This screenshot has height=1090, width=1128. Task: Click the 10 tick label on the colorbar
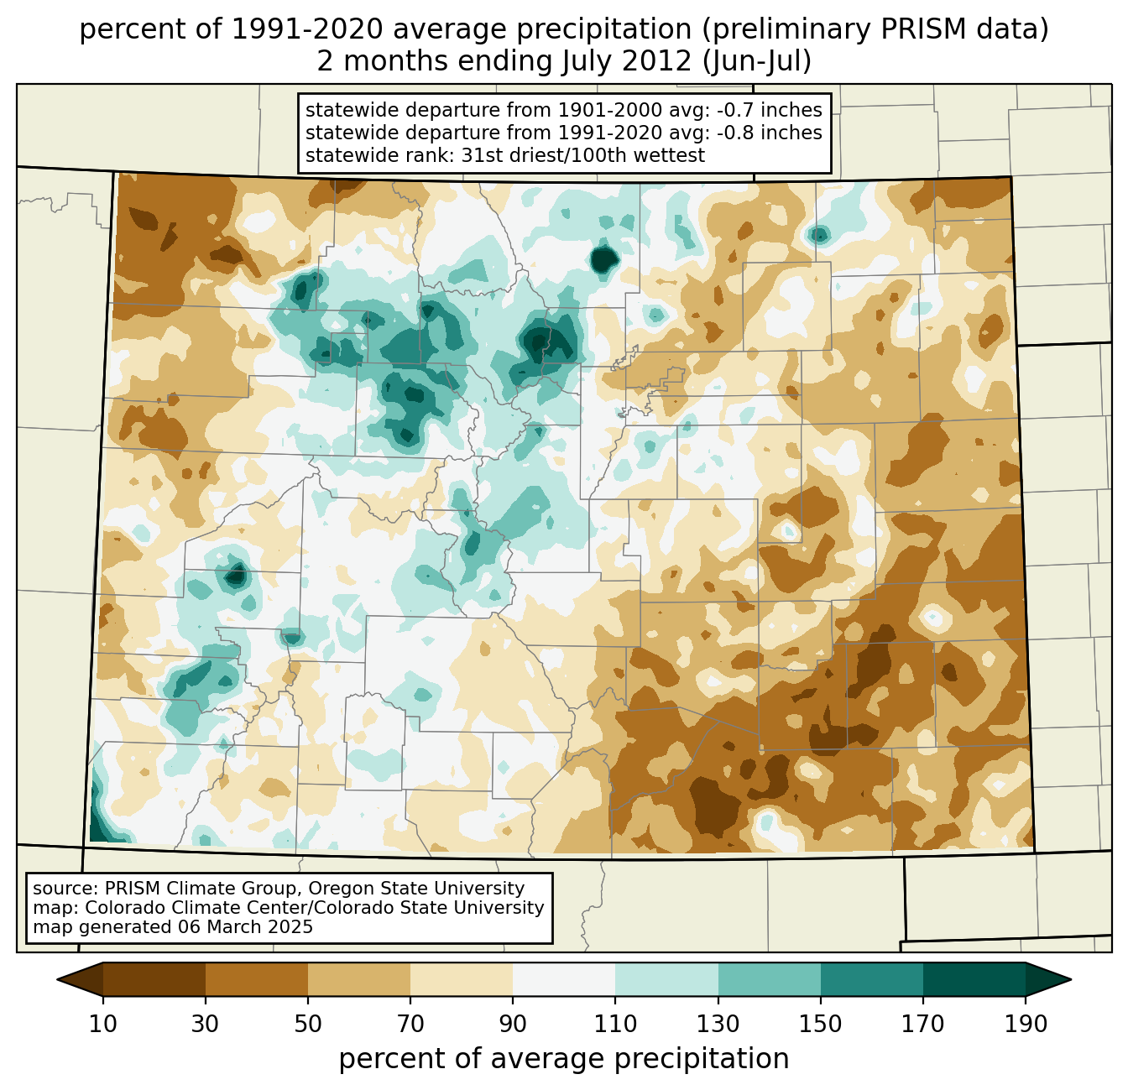pos(103,1024)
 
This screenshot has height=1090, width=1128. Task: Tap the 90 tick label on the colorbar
pos(513,1024)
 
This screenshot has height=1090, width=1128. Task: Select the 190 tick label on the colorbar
pos(1026,1024)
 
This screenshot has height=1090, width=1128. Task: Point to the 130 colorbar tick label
pos(718,1024)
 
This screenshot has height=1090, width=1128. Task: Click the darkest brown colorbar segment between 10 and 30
pos(154,979)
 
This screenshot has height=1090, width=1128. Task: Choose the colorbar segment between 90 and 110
pos(564,979)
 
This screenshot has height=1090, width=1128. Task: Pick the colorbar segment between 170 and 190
pos(974,979)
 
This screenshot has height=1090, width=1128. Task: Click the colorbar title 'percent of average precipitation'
pos(564,1059)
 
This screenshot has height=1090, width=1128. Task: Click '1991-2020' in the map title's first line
pos(285,30)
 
